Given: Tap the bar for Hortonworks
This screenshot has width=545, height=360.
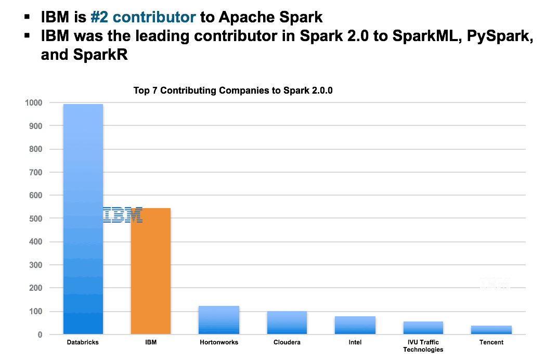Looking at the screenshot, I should (219, 320).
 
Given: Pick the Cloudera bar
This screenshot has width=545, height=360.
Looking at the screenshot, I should (287, 323).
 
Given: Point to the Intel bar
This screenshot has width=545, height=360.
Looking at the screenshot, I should (355, 325).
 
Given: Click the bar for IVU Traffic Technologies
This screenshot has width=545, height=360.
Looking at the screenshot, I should (423, 328).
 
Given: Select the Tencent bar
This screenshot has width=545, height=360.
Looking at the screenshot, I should (491, 330).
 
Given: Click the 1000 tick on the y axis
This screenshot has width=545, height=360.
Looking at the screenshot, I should (33, 102).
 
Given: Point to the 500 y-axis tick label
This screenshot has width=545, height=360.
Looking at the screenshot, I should (35, 218).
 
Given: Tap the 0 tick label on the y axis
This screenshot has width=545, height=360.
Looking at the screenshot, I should (39, 335).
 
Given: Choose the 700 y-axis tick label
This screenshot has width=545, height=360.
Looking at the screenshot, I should (35, 172).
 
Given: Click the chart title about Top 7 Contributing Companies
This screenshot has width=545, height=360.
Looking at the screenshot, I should (233, 90).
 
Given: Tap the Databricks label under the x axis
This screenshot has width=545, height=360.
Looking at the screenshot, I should (83, 343).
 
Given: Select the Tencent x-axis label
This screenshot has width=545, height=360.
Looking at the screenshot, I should (491, 343).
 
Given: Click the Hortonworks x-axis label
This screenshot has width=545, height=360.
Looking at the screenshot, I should (219, 343).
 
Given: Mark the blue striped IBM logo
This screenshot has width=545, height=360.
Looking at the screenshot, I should (123, 215).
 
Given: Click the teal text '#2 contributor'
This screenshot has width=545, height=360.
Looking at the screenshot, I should (143, 17).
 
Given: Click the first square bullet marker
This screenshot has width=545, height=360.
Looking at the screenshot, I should (27, 17).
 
